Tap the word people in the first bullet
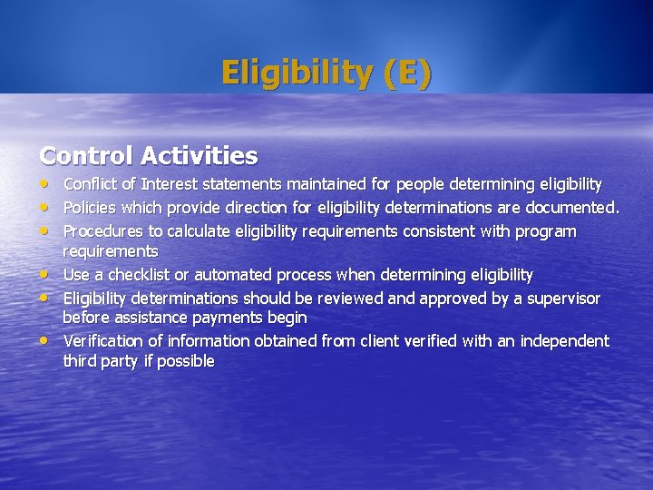tap(423, 185)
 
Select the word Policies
tap(86, 208)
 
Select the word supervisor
tap(562, 299)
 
